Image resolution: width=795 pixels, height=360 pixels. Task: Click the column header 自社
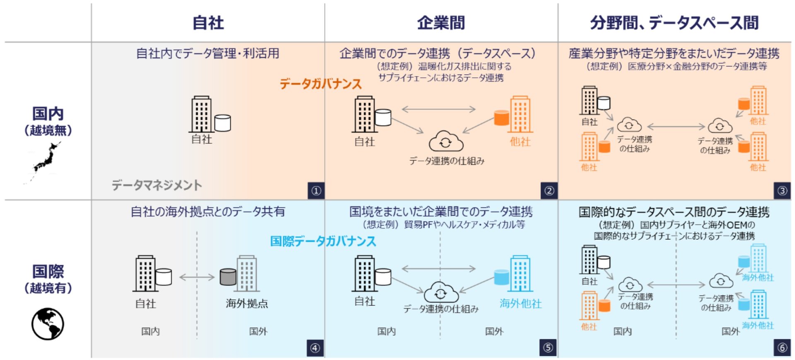coord(208,23)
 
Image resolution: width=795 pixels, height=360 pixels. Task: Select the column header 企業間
coord(441,23)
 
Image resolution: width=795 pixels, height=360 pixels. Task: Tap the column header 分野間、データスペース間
coord(674,23)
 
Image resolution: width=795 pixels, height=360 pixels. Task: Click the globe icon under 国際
coord(48,324)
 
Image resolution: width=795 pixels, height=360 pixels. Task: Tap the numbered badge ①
coord(316,191)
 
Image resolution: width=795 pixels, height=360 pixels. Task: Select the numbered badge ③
coord(782,191)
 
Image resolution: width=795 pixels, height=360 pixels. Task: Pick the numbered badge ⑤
coord(548,348)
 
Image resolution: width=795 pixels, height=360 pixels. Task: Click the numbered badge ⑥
coord(782,348)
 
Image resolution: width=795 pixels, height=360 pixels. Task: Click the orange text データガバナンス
coord(320,84)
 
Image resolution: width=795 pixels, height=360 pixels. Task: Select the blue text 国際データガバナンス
coord(323,241)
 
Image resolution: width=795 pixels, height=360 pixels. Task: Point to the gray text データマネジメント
coord(157,185)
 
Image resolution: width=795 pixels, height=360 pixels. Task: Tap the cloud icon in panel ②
coord(446,142)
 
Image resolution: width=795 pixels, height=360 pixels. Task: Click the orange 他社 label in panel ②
coord(520,142)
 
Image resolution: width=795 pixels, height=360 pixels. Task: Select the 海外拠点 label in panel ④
coord(247,304)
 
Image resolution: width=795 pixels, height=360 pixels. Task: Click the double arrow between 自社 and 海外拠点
coord(197,277)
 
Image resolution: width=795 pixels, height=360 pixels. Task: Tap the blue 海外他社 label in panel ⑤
coord(520,304)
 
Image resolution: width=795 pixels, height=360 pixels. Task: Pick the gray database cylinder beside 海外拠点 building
coord(228,277)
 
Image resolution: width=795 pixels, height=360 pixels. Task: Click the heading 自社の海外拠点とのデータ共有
coord(208,212)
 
